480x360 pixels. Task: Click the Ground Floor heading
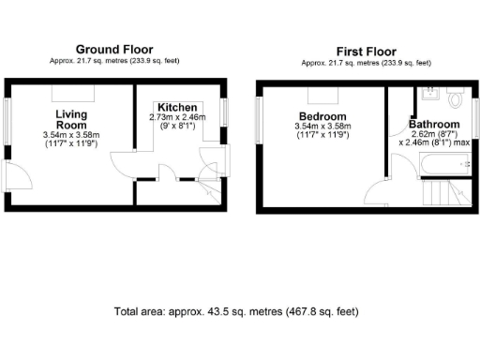[x=113, y=49]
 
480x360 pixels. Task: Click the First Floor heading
[x=367, y=52]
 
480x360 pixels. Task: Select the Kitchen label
[x=176, y=107]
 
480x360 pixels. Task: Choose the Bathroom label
[x=434, y=125]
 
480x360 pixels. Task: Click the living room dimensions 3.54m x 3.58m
[x=71, y=136]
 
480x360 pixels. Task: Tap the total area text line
[x=235, y=311]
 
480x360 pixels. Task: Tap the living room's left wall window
[x=7, y=117]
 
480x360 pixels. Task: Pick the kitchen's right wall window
[x=225, y=112]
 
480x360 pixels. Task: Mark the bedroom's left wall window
[x=260, y=117]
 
